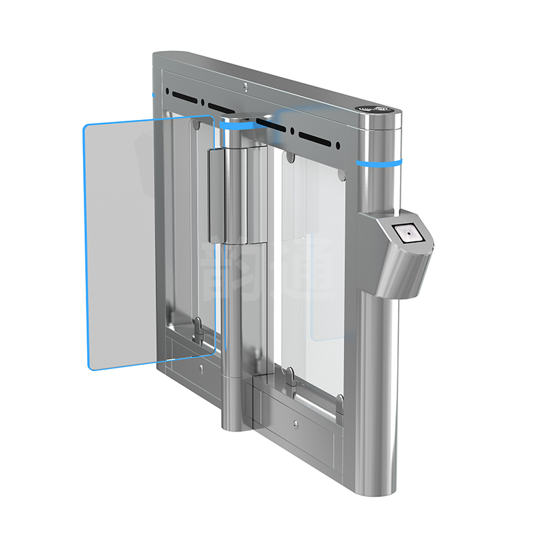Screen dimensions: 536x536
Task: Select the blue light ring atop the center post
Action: tap(236, 125)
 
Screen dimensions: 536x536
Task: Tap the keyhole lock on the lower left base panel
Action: tap(202, 368)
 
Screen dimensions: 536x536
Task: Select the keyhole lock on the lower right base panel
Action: tap(295, 423)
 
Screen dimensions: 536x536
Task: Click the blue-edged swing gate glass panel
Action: tap(151, 241)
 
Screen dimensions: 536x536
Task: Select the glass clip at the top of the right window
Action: tap(289, 158)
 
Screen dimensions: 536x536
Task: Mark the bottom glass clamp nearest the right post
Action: tap(340, 403)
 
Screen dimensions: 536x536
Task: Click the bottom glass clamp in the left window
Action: tap(199, 326)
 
